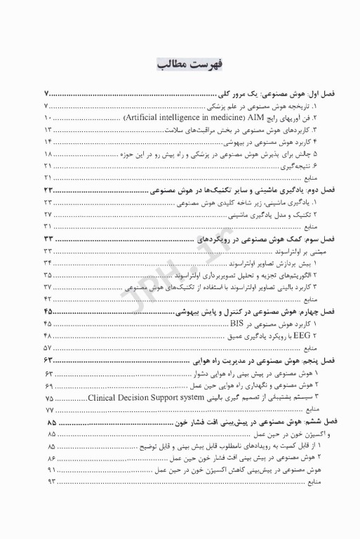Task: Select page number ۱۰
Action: click(x=48, y=117)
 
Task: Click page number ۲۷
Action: click(x=49, y=214)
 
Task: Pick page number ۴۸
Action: click(x=49, y=335)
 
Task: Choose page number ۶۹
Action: click(x=49, y=385)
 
